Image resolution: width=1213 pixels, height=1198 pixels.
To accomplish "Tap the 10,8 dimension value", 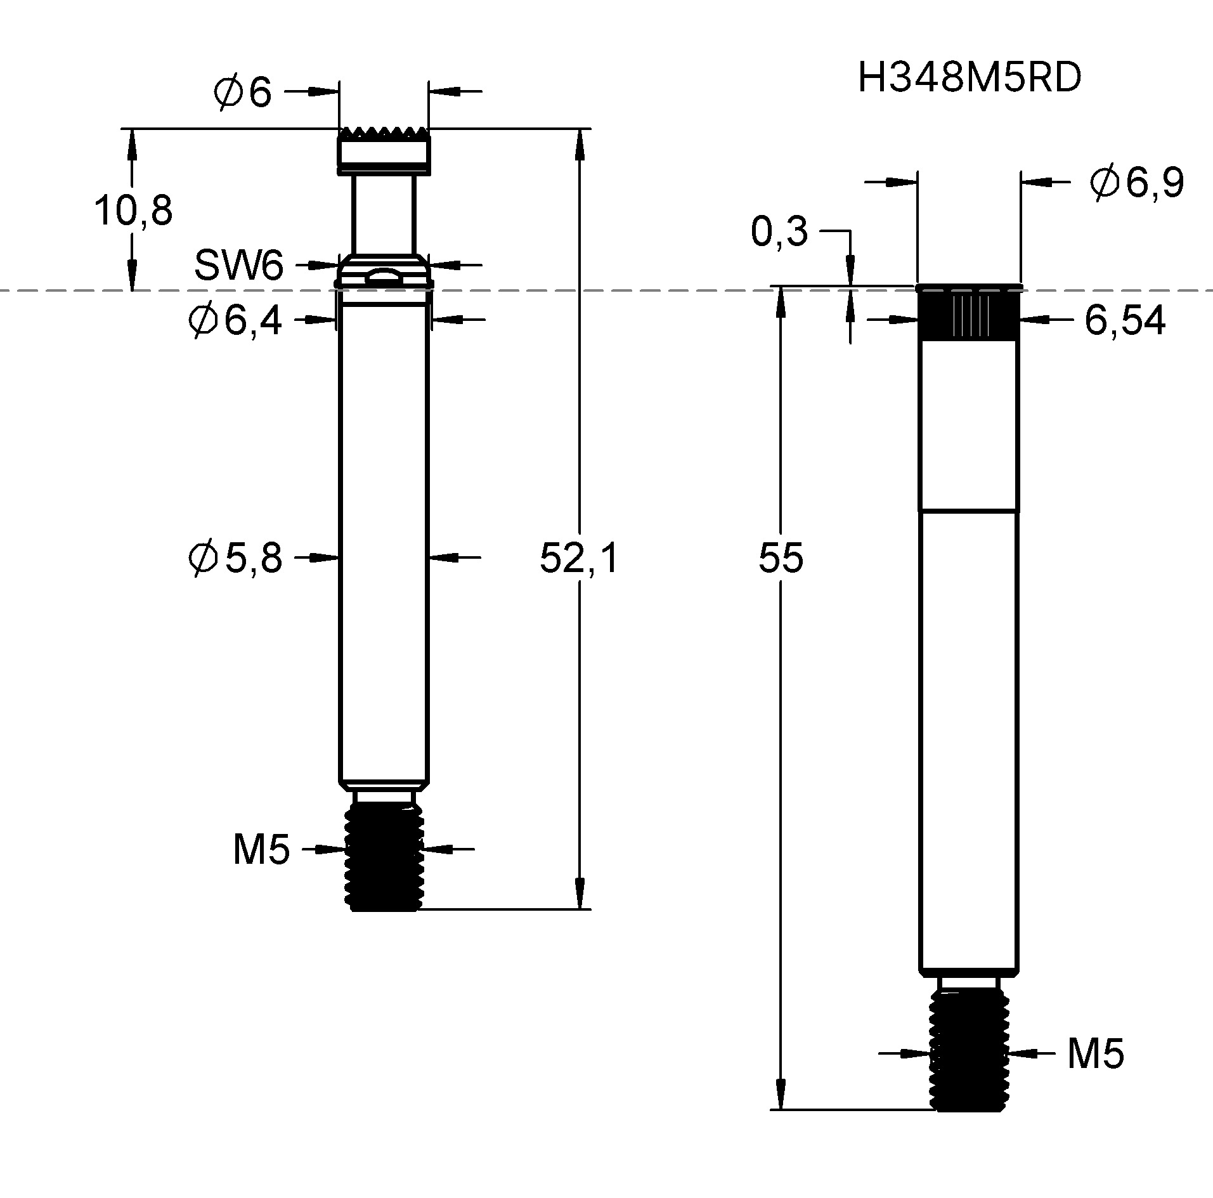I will click(133, 211).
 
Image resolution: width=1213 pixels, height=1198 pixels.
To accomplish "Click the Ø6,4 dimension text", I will click(235, 320).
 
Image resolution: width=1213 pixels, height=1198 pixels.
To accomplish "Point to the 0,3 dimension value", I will click(779, 231).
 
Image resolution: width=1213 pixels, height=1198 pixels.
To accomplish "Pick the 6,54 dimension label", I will click(1124, 321).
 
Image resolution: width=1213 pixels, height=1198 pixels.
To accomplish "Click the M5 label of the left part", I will click(261, 850).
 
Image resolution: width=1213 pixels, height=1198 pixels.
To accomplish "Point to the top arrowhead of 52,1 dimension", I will click(579, 143).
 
